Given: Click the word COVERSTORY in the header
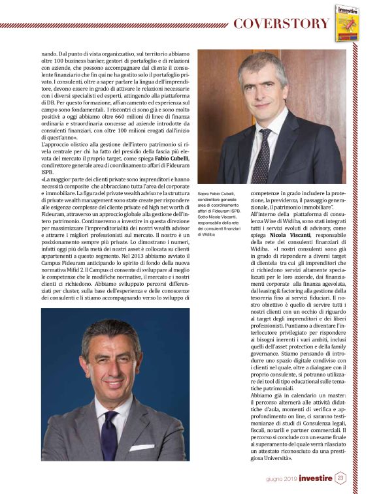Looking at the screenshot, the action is tap(281, 24).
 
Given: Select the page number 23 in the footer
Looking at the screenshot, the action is tap(340, 478).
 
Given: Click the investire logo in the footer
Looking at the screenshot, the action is tap(316, 478).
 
